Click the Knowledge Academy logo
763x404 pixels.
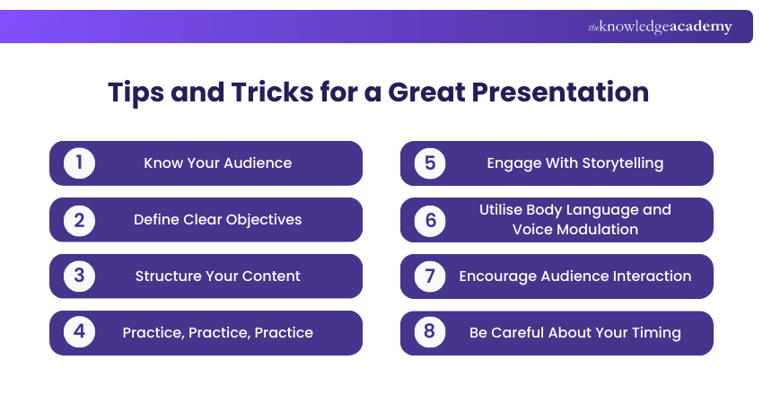pyautogui.click(x=660, y=27)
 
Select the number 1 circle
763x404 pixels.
pyautogui.click(x=79, y=163)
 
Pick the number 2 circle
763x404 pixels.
pyautogui.click(x=79, y=220)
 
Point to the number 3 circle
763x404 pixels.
pyautogui.click(x=79, y=277)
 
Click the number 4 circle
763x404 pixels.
pyautogui.click(x=79, y=333)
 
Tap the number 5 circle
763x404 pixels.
pyautogui.click(x=430, y=163)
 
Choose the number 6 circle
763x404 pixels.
pyautogui.click(x=430, y=220)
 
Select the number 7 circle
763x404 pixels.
pyautogui.click(x=430, y=277)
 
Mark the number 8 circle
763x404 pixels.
pyautogui.click(x=430, y=333)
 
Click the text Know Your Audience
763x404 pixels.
pyautogui.click(x=218, y=163)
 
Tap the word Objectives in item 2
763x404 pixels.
pyautogui.click(x=261, y=220)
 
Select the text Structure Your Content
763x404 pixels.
pyautogui.click(x=218, y=277)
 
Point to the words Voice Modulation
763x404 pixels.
pyautogui.click(x=575, y=230)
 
